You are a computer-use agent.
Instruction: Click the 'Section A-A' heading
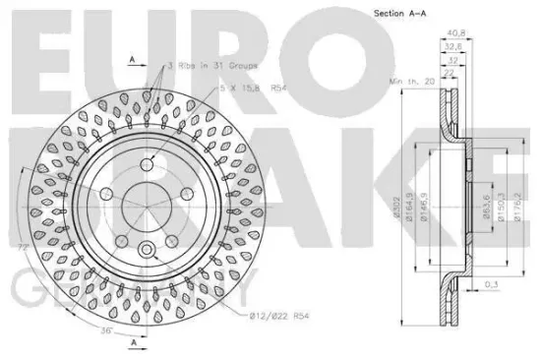tap(399, 13)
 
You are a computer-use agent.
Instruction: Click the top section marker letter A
tap(133, 60)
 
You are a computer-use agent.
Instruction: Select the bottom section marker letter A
tap(133, 341)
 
